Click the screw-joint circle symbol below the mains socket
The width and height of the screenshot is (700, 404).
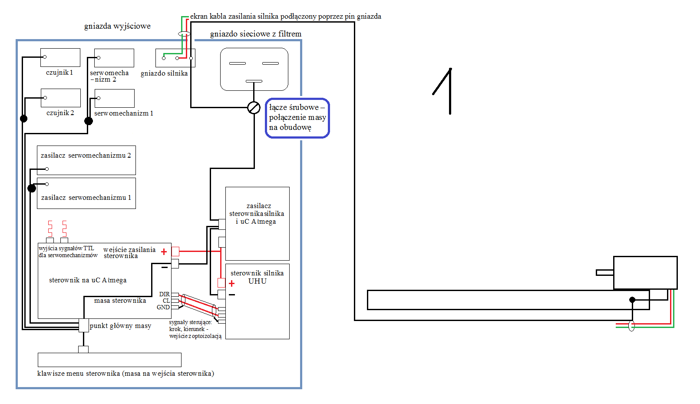[x=254, y=108]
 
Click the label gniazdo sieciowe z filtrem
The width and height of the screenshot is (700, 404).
[x=256, y=34]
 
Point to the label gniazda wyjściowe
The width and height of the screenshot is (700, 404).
[x=117, y=26]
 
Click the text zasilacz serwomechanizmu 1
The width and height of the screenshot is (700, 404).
[x=86, y=198]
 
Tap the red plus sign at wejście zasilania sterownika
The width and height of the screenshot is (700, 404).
[x=164, y=252]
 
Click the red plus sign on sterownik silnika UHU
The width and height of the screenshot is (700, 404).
[x=231, y=283]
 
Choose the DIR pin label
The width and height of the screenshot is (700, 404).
[x=165, y=294]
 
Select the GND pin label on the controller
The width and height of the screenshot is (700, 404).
[x=163, y=308]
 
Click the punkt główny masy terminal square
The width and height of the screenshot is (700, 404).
[x=84, y=325]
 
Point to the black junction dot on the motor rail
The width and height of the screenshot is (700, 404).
[x=632, y=300]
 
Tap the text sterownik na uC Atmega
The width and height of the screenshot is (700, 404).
[x=88, y=280]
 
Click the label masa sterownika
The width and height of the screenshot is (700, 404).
[x=120, y=301]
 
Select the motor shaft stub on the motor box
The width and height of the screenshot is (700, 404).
[x=605, y=273]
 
